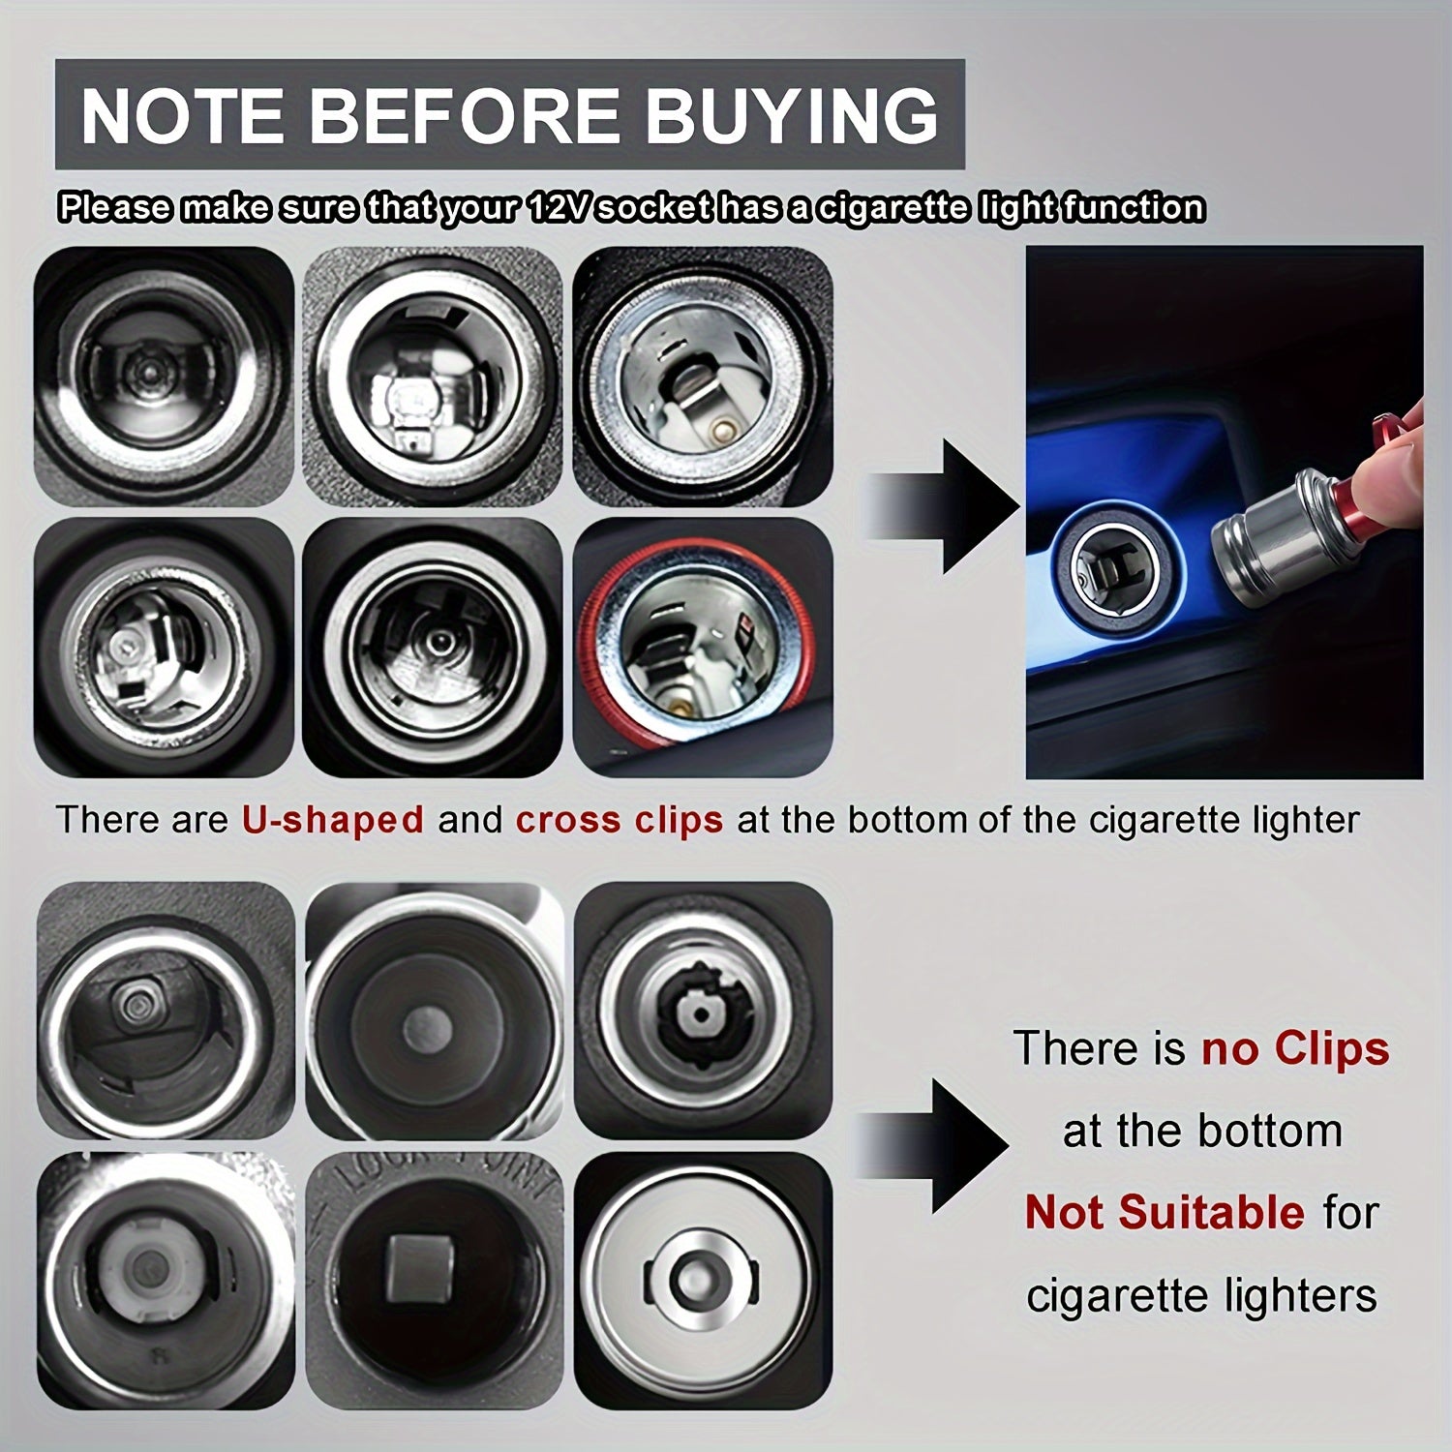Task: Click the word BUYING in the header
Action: pyautogui.click(x=791, y=115)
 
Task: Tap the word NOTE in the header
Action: pyautogui.click(x=182, y=115)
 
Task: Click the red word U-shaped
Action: pyautogui.click(x=333, y=820)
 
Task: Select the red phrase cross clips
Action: pyautogui.click(x=620, y=820)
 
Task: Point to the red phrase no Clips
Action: pyautogui.click(x=1295, y=1049)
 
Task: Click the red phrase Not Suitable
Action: pyautogui.click(x=1165, y=1213)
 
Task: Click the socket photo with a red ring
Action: pyautogui.click(x=703, y=647)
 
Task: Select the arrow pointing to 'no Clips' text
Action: pyautogui.click(x=934, y=1146)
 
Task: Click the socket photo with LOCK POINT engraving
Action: pyautogui.click(x=434, y=1280)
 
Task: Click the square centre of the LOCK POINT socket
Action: pyautogui.click(x=422, y=1269)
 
